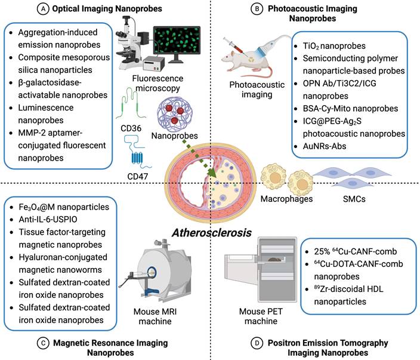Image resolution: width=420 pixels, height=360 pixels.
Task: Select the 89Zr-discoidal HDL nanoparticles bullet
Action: (x=354, y=296)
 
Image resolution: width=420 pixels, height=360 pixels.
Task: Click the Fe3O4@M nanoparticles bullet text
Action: (x=61, y=206)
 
